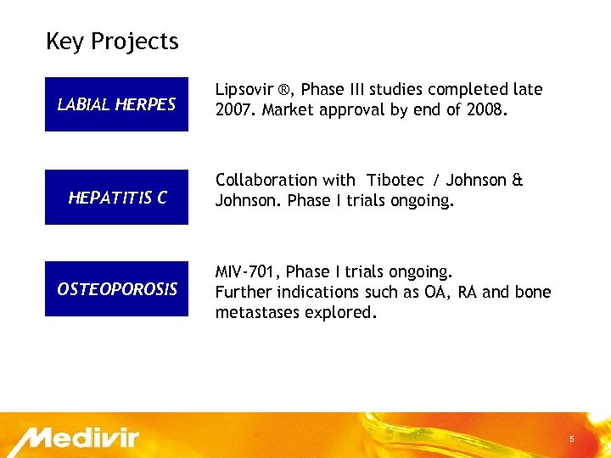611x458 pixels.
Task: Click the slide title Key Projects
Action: click(x=112, y=42)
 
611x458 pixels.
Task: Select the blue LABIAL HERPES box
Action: click(x=116, y=104)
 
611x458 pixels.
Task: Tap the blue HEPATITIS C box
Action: click(x=116, y=198)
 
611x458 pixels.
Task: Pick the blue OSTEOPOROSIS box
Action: click(x=116, y=289)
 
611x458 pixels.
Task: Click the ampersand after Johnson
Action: click(x=518, y=181)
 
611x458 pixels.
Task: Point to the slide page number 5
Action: click(x=572, y=439)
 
